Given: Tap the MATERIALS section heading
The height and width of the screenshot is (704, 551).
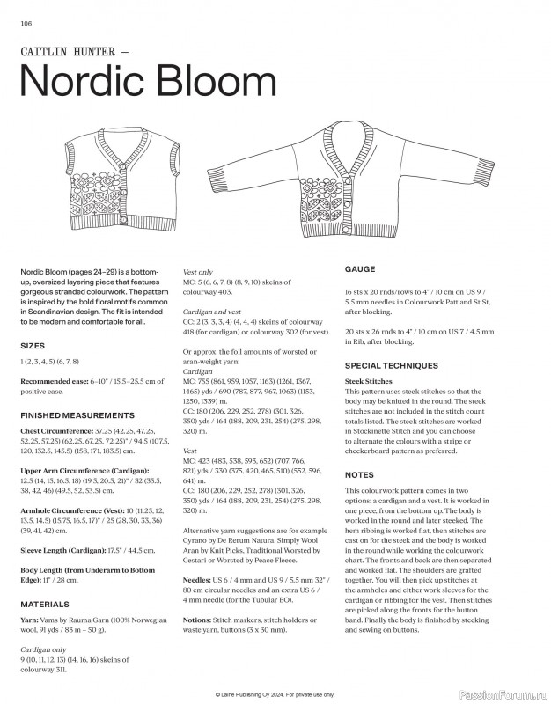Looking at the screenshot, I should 44,605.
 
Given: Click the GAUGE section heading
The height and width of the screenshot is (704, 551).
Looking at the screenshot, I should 360,268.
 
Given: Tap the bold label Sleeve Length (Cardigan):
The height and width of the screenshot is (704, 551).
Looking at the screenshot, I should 67,550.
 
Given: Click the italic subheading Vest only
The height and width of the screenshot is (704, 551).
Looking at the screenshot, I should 198,273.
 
